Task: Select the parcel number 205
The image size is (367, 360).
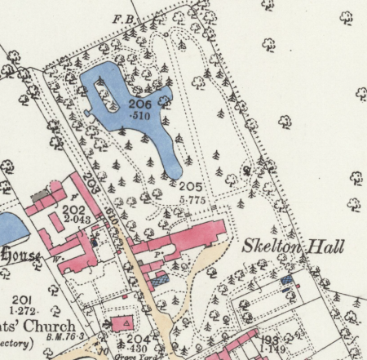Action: click(x=190, y=186)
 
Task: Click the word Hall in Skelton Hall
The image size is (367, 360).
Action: click(x=328, y=247)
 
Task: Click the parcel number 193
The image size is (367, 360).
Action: click(x=271, y=340)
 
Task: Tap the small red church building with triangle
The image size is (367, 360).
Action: click(x=126, y=322)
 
